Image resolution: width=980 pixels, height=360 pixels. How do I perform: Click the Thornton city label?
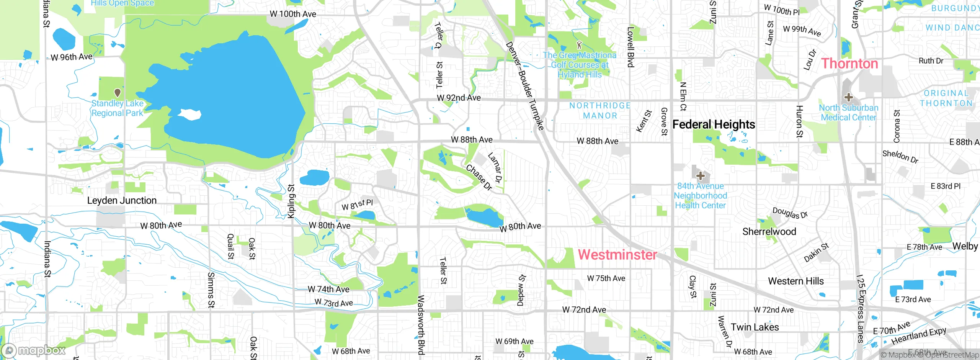point(849,64)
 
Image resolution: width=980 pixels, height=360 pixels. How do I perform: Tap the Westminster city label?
point(617,255)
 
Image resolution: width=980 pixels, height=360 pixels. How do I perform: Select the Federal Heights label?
point(714,124)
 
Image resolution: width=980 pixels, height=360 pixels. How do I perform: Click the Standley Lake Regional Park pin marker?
point(118,93)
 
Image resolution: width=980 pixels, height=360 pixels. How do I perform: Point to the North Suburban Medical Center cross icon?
point(848,97)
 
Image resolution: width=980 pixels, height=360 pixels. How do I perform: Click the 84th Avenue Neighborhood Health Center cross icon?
point(701,176)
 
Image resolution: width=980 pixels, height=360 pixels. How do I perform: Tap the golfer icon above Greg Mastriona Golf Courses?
point(579,45)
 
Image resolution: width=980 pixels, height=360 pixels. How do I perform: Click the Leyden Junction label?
point(122,200)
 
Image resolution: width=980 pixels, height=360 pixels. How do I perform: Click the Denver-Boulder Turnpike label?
point(525,86)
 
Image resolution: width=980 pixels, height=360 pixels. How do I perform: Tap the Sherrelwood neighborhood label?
point(769,232)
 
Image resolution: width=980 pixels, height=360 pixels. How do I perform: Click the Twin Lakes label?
point(755,327)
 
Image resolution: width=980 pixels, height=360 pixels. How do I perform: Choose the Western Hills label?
point(795,281)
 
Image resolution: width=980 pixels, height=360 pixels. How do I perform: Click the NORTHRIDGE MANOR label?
point(600,111)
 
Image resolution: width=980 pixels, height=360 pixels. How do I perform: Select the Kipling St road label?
point(291,201)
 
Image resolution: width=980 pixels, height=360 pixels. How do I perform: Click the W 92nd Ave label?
point(459,98)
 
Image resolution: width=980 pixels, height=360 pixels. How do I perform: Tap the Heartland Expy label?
point(919,336)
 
